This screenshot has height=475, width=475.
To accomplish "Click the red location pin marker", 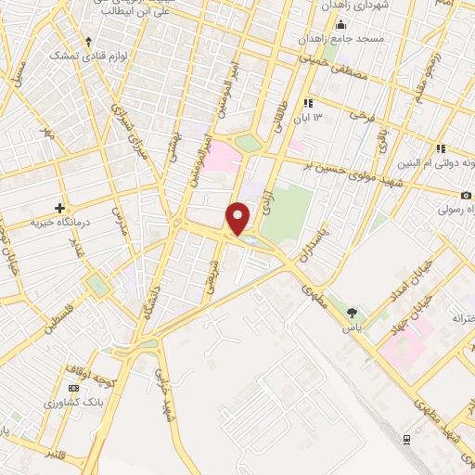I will click(239, 218).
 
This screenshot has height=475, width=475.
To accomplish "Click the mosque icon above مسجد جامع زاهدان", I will click(341, 25).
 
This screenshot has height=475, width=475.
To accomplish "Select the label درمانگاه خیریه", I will click(59, 223).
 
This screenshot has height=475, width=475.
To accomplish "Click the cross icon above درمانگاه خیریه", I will click(60, 207).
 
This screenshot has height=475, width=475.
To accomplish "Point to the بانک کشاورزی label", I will click(71, 404).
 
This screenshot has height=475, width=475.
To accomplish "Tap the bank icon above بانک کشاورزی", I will click(73, 388).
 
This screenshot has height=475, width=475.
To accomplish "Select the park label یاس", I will click(352, 327).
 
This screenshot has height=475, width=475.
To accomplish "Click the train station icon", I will click(405, 439).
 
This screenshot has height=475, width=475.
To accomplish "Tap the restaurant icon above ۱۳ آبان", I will click(309, 102).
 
